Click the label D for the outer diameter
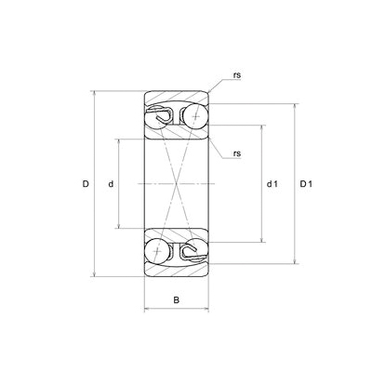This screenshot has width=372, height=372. [x=86, y=184]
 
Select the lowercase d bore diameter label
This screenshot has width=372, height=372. [x=111, y=184]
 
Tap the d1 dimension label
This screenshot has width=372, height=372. [x=272, y=184]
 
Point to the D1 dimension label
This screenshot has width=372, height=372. [x=306, y=184]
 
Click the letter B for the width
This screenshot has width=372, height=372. [x=176, y=299]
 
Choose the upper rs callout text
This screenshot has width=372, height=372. [x=237, y=75]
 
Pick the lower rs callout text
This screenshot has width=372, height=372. [x=237, y=153]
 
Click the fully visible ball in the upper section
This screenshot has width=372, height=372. [x=193, y=116]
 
